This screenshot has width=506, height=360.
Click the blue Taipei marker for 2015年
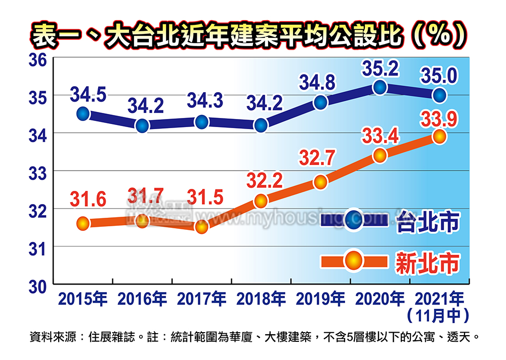click(83, 114)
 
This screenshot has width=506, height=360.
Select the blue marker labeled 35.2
click(380, 88)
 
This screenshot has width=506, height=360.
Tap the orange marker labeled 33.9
click(439, 136)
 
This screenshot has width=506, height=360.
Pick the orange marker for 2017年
click(201, 227)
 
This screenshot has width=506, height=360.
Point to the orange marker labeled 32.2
click(261, 201)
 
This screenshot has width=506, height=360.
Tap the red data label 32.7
click(317, 158)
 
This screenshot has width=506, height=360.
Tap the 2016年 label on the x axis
click(142, 299)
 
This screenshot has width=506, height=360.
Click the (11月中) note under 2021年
click(438, 315)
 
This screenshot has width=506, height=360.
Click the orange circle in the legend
click(354, 261)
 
